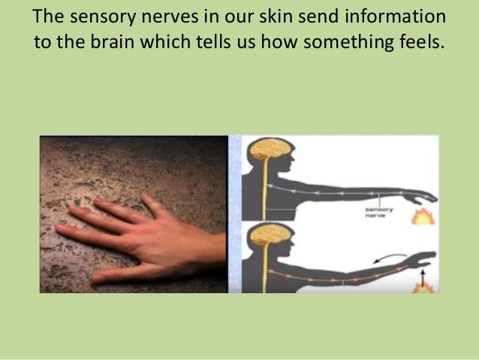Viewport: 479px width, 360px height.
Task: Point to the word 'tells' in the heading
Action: [x=224, y=41]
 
